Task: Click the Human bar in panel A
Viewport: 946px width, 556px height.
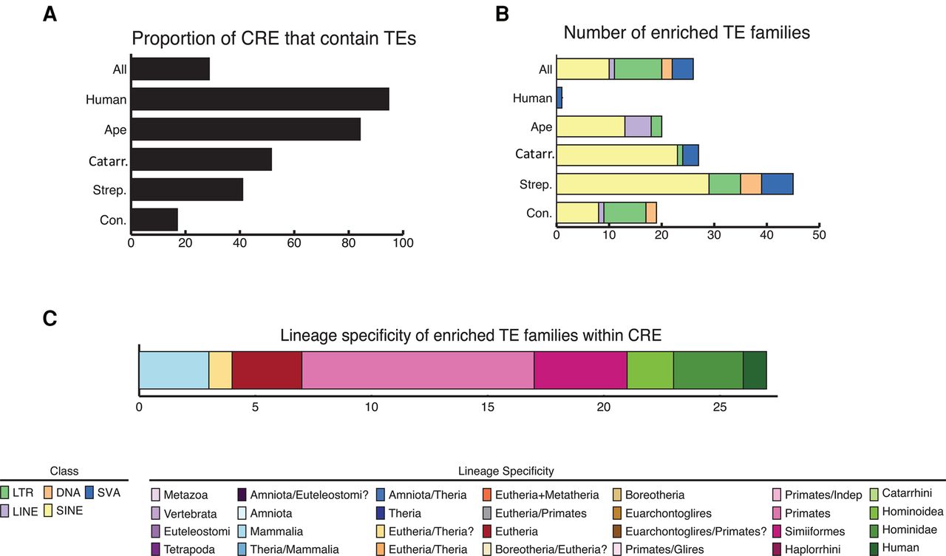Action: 260,99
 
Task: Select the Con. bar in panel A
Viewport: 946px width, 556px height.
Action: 154,220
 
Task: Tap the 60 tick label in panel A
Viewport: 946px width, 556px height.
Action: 294,243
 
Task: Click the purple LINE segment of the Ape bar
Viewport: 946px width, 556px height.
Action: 638,126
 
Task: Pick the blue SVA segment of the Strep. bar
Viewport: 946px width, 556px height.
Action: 777,184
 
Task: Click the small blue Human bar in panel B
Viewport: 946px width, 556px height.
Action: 559,98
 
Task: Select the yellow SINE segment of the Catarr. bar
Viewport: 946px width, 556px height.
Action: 616,155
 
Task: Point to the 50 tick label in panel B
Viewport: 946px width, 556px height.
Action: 818,235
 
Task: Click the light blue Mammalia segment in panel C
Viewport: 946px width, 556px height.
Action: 174,370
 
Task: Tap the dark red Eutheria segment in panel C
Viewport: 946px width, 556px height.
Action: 267,370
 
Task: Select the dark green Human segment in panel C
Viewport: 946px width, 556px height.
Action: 755,370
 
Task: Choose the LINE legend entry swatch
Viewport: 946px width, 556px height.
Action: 8,511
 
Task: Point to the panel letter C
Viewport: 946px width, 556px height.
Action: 50,319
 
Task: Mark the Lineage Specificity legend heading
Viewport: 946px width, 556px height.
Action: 506,471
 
